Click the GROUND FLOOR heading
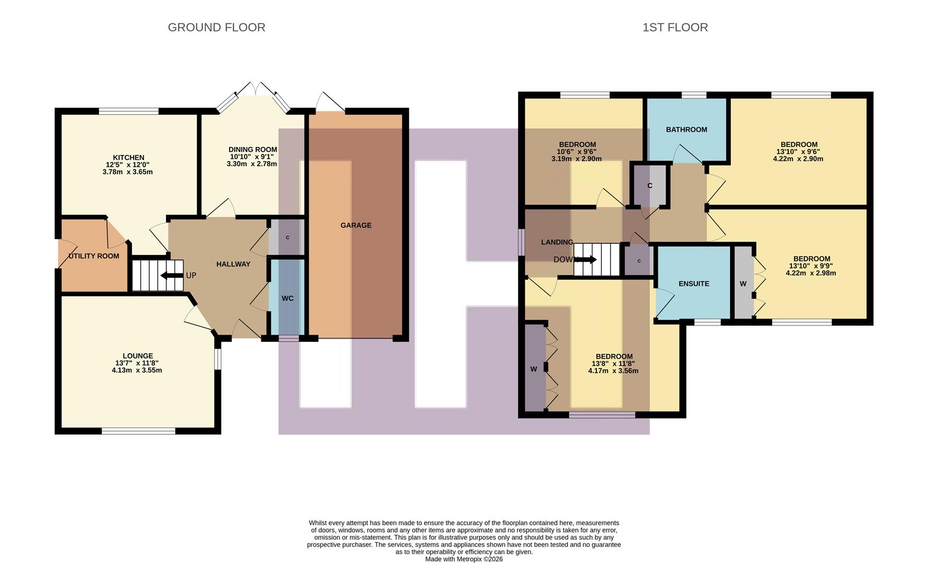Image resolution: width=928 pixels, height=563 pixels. click(216, 27)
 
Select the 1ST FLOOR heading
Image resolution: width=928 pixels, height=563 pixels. click(675, 27)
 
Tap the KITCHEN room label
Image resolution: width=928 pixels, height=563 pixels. click(128, 157)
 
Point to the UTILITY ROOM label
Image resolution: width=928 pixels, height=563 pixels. click(94, 256)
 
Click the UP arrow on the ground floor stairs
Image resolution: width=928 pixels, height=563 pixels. click(172, 275)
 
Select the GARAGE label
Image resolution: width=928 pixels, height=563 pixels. click(356, 225)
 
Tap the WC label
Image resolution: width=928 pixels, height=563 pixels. click(287, 298)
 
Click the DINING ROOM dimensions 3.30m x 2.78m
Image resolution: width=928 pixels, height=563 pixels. click(251, 164)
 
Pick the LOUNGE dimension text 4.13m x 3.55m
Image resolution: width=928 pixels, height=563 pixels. click(137, 370)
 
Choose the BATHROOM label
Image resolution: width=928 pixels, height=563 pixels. click(686, 129)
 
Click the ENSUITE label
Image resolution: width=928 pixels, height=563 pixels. click(694, 284)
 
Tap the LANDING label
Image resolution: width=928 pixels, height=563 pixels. click(557, 242)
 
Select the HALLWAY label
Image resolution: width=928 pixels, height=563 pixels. click(233, 264)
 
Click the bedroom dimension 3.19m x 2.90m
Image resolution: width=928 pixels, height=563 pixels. click(576, 158)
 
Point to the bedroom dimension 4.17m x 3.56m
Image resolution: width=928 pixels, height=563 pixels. click(613, 371)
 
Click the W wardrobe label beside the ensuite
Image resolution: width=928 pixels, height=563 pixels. click(743, 284)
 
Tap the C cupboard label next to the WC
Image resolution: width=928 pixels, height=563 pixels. click(287, 238)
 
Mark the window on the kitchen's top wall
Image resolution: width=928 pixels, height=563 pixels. click(129, 111)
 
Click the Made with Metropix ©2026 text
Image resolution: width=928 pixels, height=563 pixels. click(464, 559)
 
